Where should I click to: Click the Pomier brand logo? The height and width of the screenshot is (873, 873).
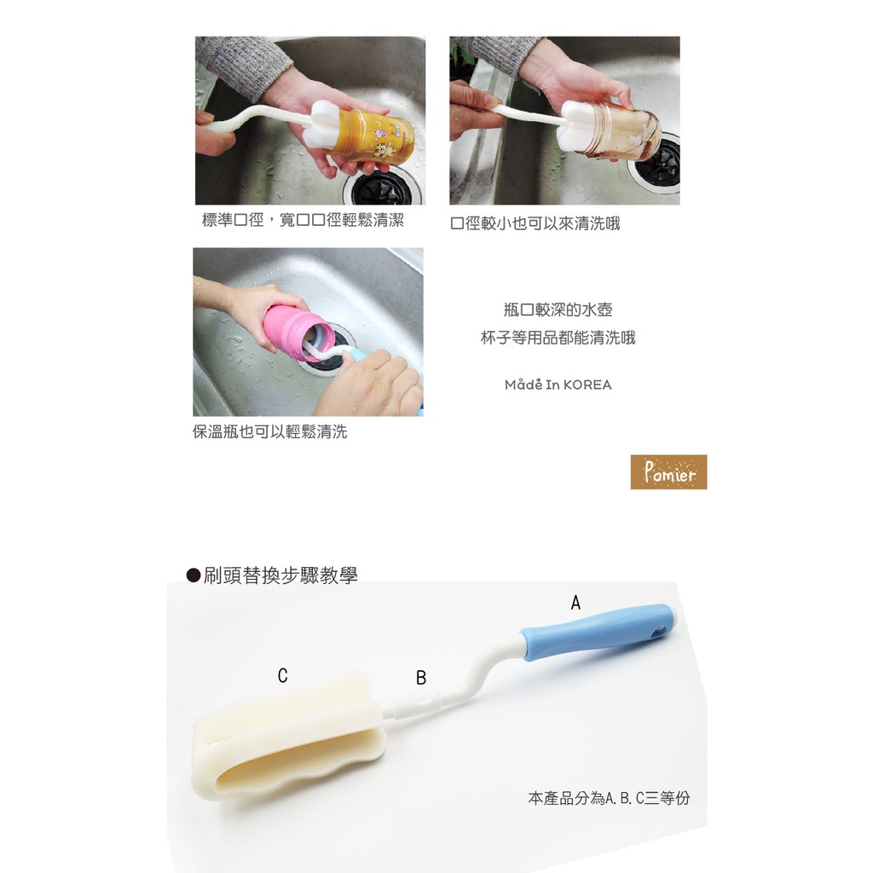point(668,472)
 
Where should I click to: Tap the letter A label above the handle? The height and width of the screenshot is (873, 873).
point(575,603)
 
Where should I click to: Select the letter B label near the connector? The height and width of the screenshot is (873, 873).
point(421,678)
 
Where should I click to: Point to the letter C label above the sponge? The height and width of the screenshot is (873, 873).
point(283,675)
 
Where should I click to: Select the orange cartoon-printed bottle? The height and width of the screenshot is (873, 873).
point(370,137)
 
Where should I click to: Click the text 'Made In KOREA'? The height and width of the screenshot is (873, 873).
point(558,384)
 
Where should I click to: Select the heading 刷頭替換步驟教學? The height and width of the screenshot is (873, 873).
point(280,575)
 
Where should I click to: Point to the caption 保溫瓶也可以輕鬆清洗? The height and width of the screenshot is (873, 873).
point(270,431)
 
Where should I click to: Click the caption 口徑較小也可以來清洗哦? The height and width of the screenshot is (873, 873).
point(535,223)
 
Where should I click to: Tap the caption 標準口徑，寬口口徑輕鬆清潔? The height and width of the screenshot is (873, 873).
point(303,220)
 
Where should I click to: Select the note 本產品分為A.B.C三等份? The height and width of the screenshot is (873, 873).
point(609,798)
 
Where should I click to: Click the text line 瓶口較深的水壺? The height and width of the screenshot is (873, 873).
point(558,309)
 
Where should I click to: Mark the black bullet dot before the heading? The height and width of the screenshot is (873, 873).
point(194,575)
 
